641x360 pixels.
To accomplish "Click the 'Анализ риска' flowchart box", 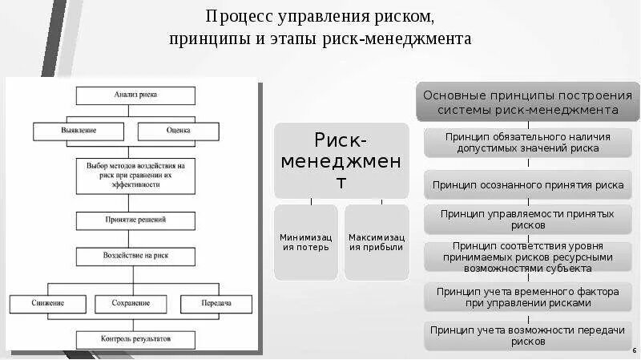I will point(135,95).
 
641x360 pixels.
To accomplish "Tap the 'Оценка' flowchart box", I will point(178,131).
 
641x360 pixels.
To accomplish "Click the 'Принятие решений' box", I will point(135,219).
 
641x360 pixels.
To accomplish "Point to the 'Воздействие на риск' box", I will point(135,257).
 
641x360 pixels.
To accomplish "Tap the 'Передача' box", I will point(216,304).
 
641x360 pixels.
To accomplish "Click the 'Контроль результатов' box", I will point(135,339).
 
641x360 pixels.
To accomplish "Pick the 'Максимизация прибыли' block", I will point(377,242).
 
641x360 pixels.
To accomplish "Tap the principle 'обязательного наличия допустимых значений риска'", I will point(527,143).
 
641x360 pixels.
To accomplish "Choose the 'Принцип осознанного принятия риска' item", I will point(527,184).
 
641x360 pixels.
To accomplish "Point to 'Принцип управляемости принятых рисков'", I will point(527,219).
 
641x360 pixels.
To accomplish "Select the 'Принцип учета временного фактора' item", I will point(527,297).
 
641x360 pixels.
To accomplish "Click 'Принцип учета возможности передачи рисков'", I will point(527,335).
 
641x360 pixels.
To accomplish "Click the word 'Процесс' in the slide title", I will point(236,16).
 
